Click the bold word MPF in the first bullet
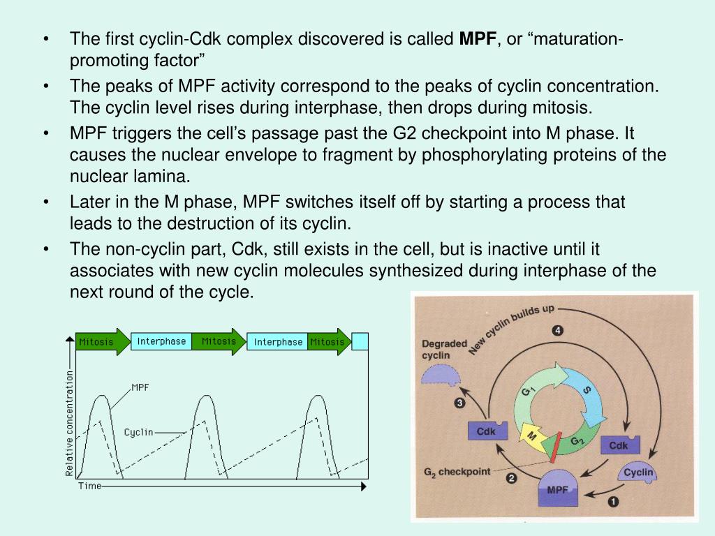point(476,39)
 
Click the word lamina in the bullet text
point(165,175)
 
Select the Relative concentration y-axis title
point(69,424)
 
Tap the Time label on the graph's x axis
point(89,486)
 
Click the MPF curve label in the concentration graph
point(140,387)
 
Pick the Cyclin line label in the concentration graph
point(138,432)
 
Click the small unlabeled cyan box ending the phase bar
point(360,341)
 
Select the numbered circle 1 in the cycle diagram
point(613,500)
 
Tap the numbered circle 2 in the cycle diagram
point(511,479)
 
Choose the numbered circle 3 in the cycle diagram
point(459,402)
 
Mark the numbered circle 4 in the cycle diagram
point(557,331)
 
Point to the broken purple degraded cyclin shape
point(441,378)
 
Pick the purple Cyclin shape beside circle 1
point(637,474)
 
